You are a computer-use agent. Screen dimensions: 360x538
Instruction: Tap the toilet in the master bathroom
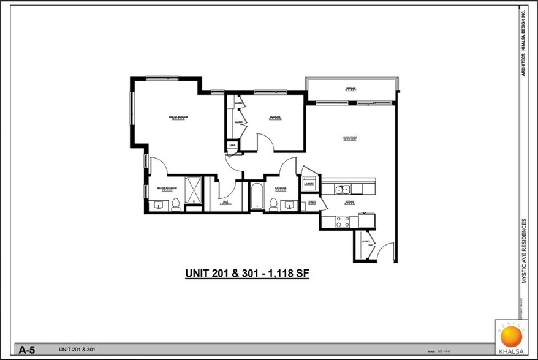[x=176, y=204]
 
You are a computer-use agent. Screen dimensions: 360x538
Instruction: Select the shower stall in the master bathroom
[x=193, y=190]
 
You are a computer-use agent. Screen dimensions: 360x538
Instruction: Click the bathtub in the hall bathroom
[x=257, y=196]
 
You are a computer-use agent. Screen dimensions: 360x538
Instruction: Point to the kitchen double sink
[x=343, y=189]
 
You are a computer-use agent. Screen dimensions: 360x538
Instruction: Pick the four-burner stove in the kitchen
[x=343, y=221]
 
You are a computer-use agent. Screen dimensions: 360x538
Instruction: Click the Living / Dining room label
[x=350, y=138]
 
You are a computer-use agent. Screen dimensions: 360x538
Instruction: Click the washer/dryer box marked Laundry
[x=309, y=182]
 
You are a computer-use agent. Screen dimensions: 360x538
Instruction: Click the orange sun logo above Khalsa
[x=510, y=336]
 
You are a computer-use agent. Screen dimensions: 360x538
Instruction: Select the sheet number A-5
[x=26, y=350]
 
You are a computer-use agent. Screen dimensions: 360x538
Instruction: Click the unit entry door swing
[x=384, y=252]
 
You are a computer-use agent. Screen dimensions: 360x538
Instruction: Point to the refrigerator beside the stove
[x=366, y=220]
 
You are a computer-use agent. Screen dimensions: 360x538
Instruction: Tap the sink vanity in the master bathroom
[x=159, y=205]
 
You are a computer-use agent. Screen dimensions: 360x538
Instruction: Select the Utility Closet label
[x=312, y=202]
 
